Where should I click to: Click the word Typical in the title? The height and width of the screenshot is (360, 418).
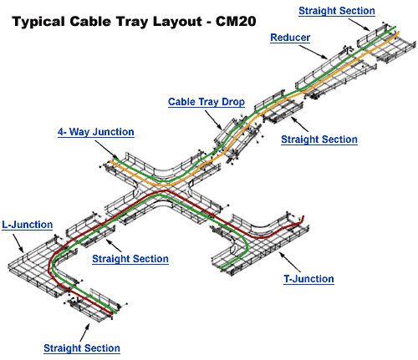[38, 22]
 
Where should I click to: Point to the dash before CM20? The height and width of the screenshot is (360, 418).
[209, 23]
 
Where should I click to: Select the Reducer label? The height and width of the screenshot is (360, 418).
[290, 38]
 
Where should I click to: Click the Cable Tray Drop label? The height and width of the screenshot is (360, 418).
[206, 102]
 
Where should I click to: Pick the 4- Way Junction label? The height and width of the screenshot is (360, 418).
[96, 132]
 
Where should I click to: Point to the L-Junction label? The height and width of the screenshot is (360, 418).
[28, 225]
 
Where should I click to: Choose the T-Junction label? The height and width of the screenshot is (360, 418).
[308, 279]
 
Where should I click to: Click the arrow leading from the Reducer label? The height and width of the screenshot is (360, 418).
[313, 52]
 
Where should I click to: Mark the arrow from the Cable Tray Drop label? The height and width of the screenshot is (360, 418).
[214, 120]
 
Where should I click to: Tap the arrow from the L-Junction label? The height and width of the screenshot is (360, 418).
[18, 243]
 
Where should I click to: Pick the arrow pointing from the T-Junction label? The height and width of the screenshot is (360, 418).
[290, 261]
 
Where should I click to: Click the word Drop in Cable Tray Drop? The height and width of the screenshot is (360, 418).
[233, 102]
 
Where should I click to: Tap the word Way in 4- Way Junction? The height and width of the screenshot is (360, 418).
[79, 132]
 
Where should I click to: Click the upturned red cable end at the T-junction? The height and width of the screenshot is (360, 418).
[303, 218]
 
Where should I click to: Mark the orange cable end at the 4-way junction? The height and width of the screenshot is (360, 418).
[111, 161]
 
